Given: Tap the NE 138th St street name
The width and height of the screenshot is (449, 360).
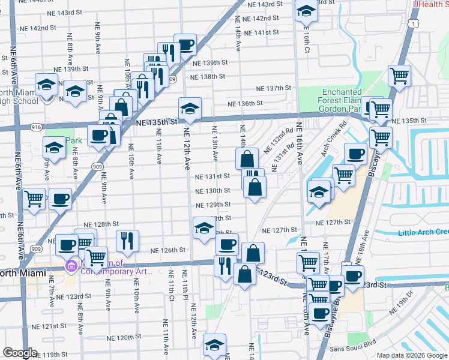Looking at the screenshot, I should click(207, 77).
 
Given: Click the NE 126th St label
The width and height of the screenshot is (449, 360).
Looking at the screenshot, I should click(167, 250).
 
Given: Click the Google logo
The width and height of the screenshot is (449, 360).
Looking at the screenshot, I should click(19, 353).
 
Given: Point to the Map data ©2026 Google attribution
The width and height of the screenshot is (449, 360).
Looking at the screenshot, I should click(411, 355).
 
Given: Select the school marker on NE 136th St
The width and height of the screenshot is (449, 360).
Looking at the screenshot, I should click(190, 109).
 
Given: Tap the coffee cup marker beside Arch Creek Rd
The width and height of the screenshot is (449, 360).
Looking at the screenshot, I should click(355, 154).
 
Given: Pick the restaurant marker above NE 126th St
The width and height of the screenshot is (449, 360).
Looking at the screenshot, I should click(127, 241).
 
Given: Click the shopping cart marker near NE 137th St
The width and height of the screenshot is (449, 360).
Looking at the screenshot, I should click(399, 76).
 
